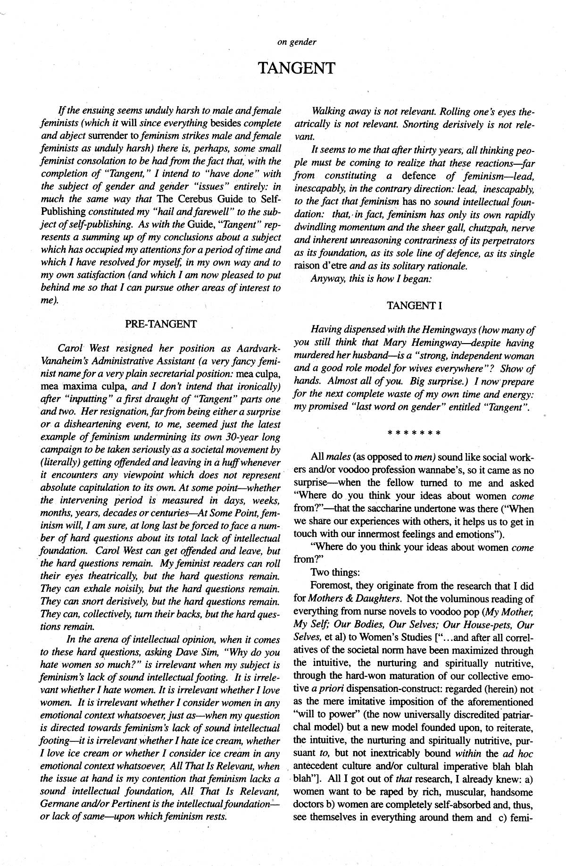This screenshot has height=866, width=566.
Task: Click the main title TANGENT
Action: tap(297, 68)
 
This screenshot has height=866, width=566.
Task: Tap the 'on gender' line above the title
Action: tap(297, 42)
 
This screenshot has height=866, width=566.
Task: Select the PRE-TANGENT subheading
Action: tap(161, 324)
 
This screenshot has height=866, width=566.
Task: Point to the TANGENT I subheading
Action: tap(414, 305)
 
